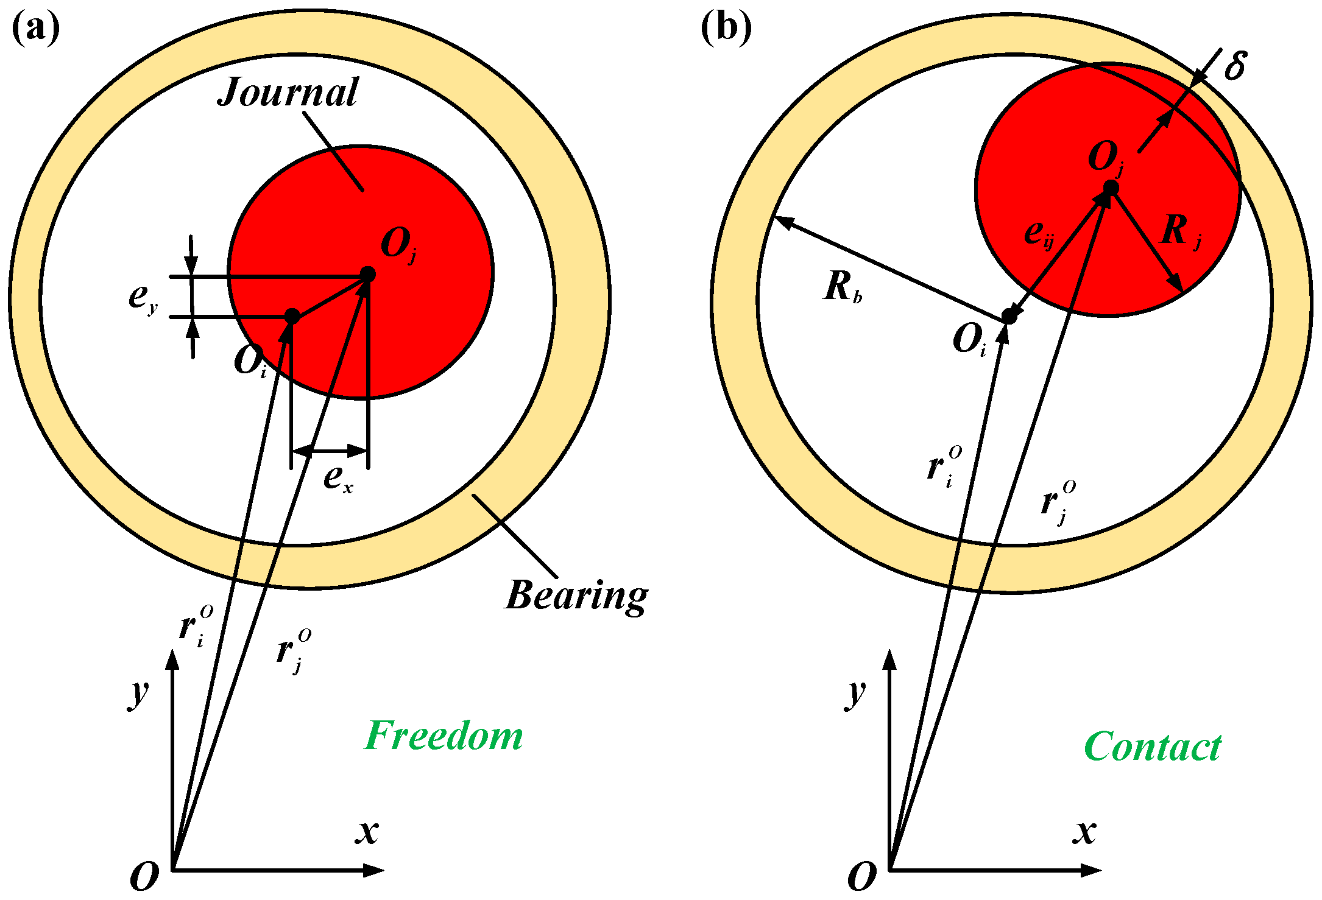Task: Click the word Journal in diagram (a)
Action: pos(288,93)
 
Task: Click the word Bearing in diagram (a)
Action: pos(576,596)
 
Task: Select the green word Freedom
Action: pos(444,736)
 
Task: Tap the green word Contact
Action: pos(1153,747)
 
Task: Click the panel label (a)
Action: pos(36,28)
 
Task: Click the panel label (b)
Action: pos(726,28)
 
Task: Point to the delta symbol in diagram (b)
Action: pos(1235,65)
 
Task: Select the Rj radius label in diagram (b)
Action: pos(1181,232)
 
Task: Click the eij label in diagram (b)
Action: pos(1039,234)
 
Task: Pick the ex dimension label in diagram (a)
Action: pos(338,479)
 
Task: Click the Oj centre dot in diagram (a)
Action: pos(367,274)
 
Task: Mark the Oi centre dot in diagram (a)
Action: pos(292,317)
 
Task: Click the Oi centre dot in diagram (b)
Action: pos(1009,316)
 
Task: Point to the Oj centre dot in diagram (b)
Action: pos(1111,188)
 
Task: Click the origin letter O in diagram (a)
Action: pos(144,877)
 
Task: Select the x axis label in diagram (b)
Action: pos(1084,832)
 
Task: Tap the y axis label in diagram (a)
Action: pos(139,694)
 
